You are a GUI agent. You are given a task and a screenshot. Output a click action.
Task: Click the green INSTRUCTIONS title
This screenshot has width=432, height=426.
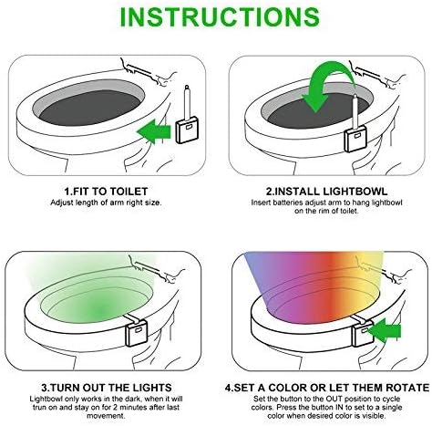coord(216,17)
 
